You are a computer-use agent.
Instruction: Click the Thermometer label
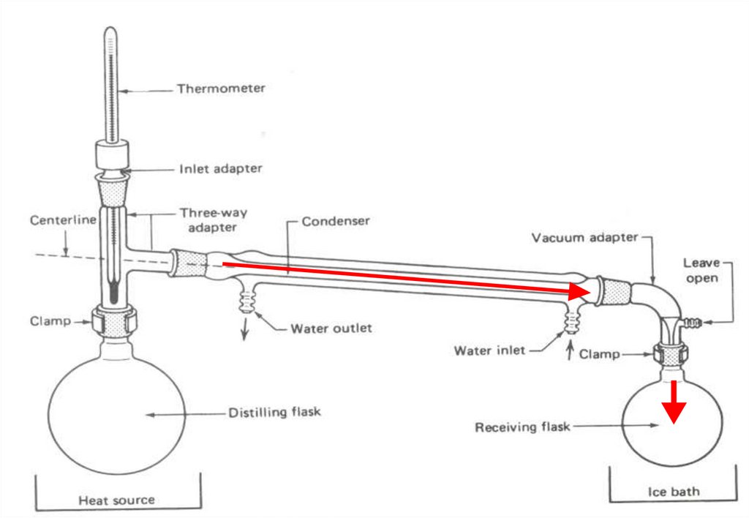pyautogui.click(x=221, y=89)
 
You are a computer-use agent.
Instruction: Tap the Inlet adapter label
pyautogui.click(x=220, y=169)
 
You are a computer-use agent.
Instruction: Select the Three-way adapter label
pyautogui.click(x=214, y=219)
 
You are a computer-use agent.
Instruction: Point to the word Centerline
pyautogui.click(x=63, y=219)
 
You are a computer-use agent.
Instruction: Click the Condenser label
pyautogui.click(x=336, y=220)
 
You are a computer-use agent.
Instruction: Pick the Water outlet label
pyautogui.click(x=331, y=328)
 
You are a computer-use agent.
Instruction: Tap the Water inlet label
pyautogui.click(x=489, y=350)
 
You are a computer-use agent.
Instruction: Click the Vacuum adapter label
pyautogui.click(x=585, y=238)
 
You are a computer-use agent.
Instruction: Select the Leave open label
pyautogui.click(x=701, y=269)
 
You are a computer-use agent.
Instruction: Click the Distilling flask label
pyautogui.click(x=275, y=413)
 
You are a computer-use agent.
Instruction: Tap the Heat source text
pyautogui.click(x=117, y=500)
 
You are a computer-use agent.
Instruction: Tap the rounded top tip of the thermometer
pyautogui.click(x=110, y=31)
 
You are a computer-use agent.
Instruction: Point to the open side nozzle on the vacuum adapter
pyautogui.click(x=691, y=321)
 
